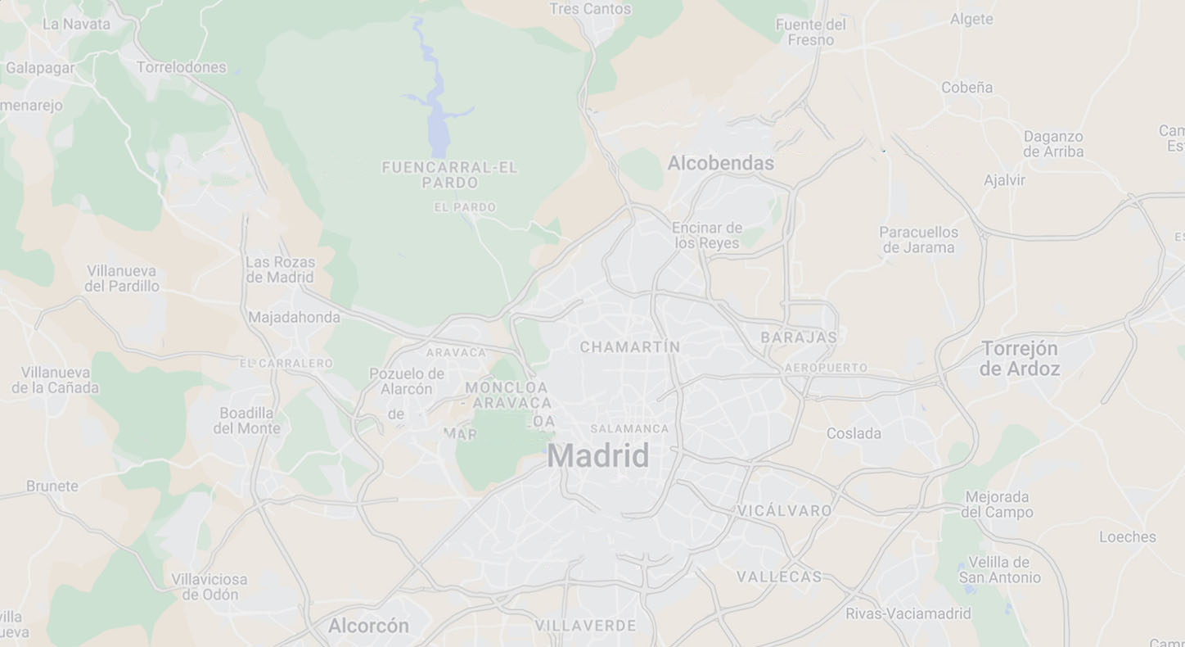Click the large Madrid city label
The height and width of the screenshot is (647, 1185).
(598, 456)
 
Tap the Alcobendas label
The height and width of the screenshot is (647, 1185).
(720, 163)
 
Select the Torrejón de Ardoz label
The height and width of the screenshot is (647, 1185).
(1020, 359)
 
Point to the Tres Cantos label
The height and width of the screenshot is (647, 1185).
(590, 9)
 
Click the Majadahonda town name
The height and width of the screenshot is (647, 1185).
(294, 317)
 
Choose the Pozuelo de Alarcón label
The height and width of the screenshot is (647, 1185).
(407, 382)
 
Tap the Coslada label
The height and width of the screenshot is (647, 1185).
(854, 433)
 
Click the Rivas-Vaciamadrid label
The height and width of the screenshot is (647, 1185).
(908, 613)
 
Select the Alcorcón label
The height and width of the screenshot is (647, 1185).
(368, 626)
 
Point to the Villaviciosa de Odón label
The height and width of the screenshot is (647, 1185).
(210, 587)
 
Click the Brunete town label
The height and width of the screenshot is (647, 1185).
(52, 486)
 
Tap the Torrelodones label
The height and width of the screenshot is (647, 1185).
(181, 67)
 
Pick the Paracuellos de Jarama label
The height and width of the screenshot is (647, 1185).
(918, 240)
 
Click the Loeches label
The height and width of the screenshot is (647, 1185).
(1127, 537)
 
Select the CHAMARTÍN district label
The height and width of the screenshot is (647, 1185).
(629, 347)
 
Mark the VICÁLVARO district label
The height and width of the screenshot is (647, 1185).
(784, 511)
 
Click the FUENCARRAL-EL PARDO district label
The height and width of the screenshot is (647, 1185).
(449, 174)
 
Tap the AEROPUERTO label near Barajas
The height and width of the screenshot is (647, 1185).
(826, 368)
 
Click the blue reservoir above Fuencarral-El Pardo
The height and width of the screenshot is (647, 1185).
(439, 123)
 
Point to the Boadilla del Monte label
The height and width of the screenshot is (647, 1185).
(247, 420)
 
